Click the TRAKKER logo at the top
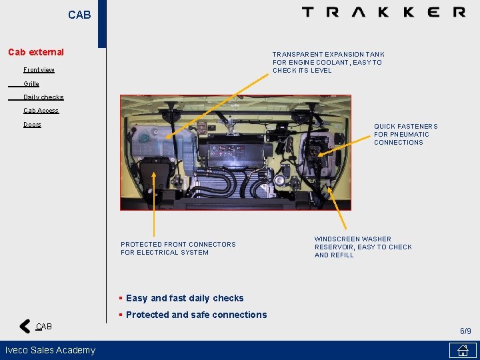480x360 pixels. point(384,12)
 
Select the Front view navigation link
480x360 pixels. point(39,70)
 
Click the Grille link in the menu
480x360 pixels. point(31,83)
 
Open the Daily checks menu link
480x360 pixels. point(43,97)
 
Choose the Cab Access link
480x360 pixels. point(41,111)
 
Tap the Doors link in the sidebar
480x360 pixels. point(32,124)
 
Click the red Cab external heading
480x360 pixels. point(36,52)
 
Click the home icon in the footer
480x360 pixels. point(463,350)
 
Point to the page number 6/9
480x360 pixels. point(465,331)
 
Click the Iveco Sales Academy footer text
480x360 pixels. point(50,350)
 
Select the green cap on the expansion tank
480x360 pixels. point(143,139)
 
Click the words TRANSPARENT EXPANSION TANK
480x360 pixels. point(329,55)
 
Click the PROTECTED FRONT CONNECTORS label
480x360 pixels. point(178,244)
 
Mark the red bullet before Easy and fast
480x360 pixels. point(121,298)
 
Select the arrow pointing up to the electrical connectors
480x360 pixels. point(154,204)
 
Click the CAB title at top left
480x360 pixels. point(79,15)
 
